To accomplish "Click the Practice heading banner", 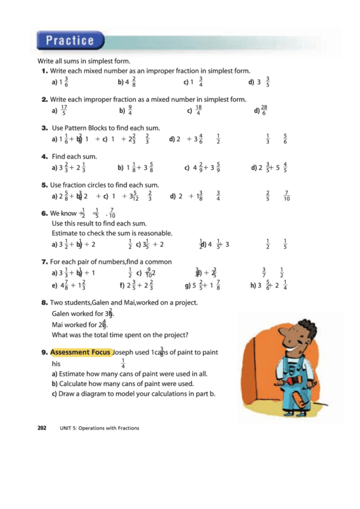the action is point(71,40).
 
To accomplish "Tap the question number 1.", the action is point(43,71).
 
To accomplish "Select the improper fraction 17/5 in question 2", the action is point(63,110).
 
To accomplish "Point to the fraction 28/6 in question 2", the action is point(264,110).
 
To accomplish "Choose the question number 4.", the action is point(43,156).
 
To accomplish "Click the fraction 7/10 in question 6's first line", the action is point(111,213).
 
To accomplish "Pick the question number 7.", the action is point(43,261).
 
